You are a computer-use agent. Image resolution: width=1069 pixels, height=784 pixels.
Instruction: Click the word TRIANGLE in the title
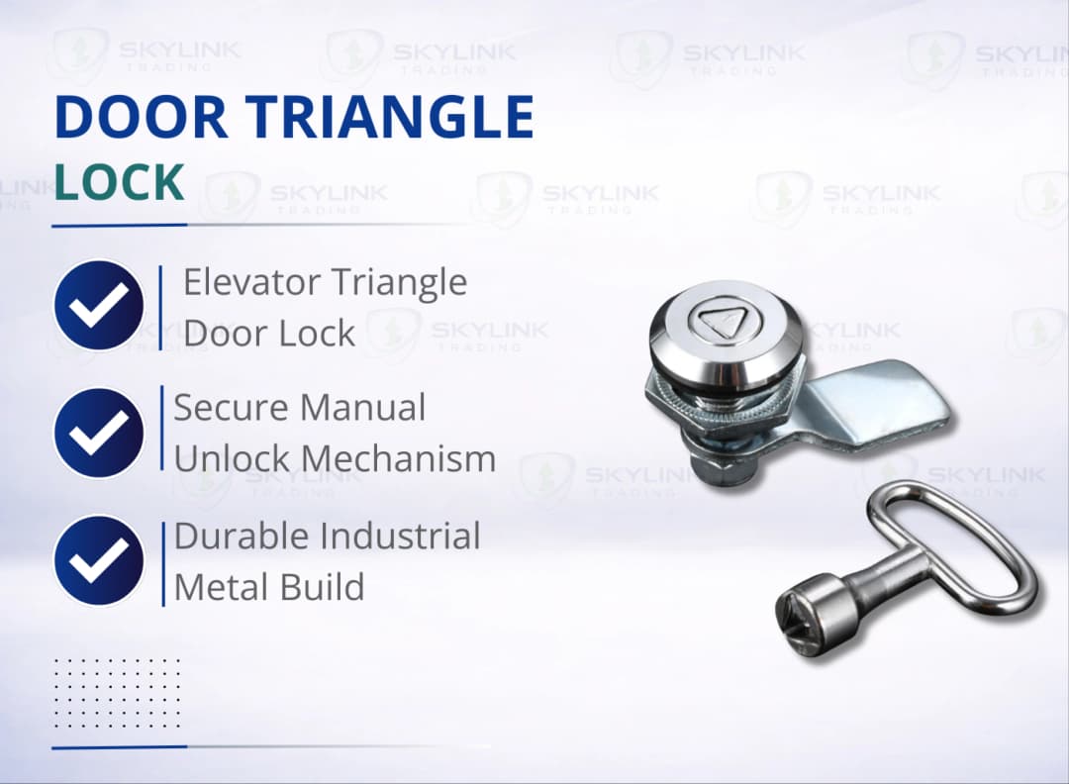click(x=394, y=118)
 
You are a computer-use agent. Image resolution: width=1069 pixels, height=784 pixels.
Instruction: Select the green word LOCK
click(x=119, y=183)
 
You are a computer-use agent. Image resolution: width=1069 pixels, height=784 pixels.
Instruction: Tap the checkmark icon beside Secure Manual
click(x=99, y=433)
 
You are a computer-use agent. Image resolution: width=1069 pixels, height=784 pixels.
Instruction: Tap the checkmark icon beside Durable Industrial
click(x=99, y=560)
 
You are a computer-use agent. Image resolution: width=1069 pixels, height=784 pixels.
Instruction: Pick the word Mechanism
click(x=399, y=458)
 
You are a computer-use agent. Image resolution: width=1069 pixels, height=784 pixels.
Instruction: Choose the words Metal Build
click(x=269, y=587)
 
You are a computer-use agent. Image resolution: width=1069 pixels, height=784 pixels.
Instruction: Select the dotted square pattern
click(x=117, y=692)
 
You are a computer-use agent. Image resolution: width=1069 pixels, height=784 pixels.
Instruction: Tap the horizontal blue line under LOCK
click(x=119, y=225)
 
